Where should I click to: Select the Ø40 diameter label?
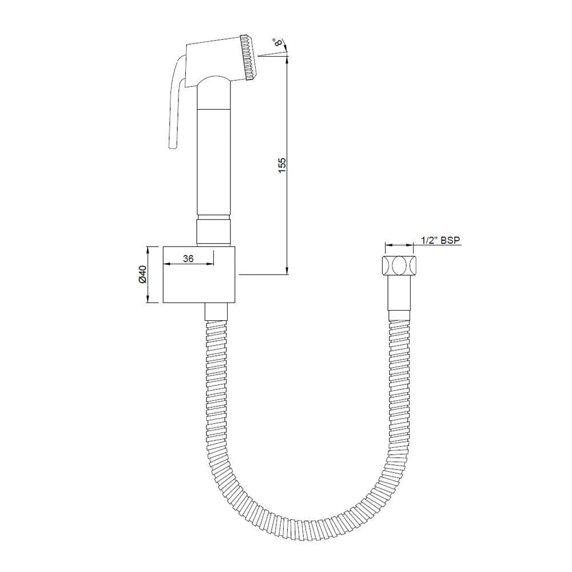[142, 275]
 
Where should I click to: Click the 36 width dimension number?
[188, 259]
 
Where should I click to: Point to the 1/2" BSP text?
[440, 241]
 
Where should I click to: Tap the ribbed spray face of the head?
[249, 58]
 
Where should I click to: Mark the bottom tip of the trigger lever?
[172, 149]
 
